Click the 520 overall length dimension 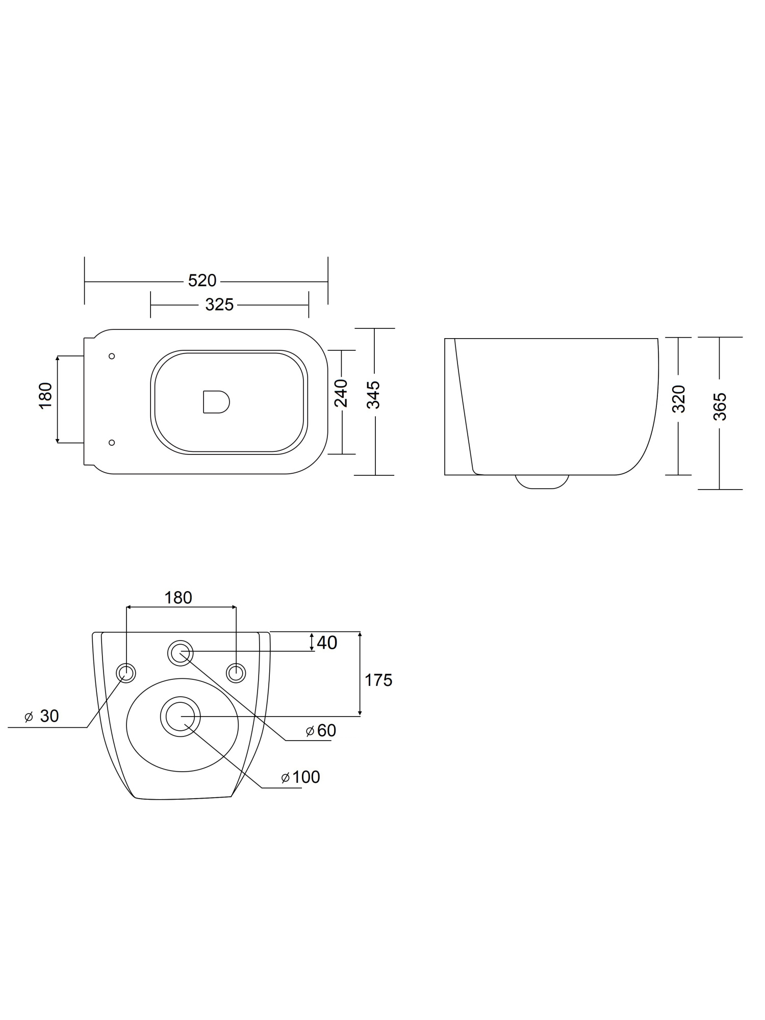202,280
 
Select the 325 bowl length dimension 219,304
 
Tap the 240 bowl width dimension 341,393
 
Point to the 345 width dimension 374,394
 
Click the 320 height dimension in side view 678,399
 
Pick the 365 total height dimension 720,406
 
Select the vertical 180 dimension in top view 45,395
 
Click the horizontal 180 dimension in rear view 178,598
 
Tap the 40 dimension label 327,643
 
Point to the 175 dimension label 378,680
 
